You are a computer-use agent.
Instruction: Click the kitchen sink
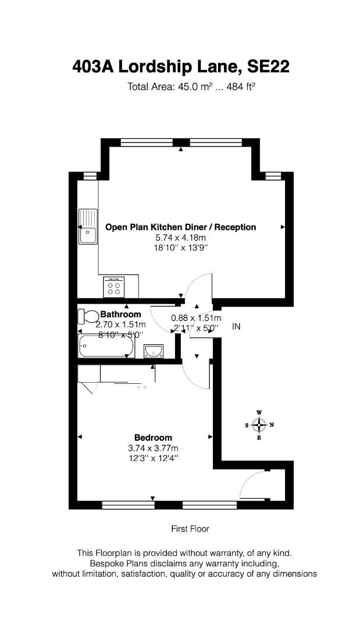click(88, 226)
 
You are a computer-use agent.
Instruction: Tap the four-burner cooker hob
click(113, 287)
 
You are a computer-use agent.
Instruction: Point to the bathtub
click(106, 346)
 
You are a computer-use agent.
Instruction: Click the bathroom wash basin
click(154, 351)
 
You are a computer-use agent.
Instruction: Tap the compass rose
click(259, 425)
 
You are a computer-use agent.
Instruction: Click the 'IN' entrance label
click(236, 327)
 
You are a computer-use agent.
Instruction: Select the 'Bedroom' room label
click(153, 438)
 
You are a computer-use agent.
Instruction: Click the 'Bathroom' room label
click(120, 315)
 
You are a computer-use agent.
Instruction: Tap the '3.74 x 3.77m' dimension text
click(153, 448)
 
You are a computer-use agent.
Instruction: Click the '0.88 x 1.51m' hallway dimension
click(196, 319)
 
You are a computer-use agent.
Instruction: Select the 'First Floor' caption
click(190, 529)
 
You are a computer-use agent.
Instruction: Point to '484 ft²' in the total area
click(241, 87)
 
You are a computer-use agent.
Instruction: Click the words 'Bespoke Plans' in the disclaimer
click(115, 563)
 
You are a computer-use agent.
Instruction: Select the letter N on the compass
click(272, 425)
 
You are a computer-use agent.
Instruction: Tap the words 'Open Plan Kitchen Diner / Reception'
click(181, 227)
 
